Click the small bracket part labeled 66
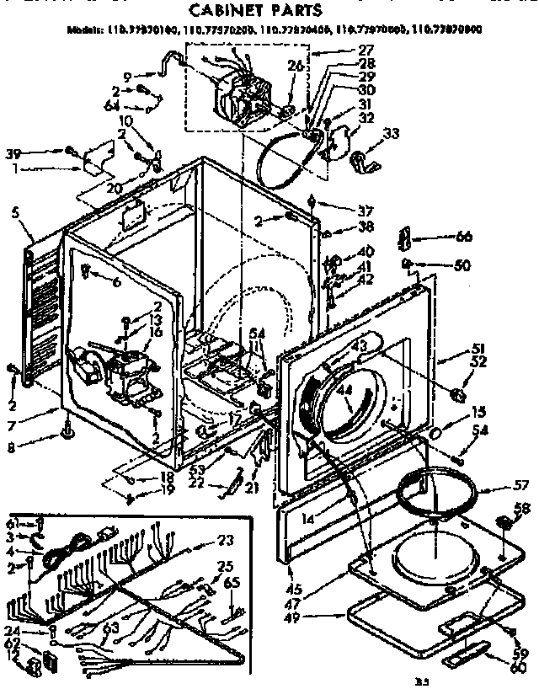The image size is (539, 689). click(x=405, y=238)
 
